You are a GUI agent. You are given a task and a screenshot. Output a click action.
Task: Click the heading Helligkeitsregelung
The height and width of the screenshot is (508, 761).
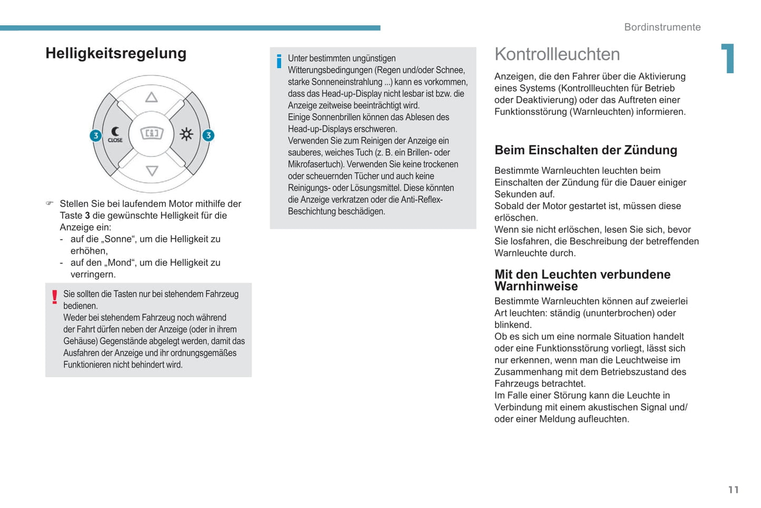click(116, 53)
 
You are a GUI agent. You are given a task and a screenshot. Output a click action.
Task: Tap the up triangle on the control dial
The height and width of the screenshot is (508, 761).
click(152, 97)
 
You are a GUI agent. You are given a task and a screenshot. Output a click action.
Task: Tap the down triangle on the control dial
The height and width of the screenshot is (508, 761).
click(152, 171)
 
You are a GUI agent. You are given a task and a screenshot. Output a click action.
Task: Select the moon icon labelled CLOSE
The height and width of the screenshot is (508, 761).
click(115, 134)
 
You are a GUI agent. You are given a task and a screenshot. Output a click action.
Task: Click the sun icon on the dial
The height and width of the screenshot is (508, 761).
click(186, 134)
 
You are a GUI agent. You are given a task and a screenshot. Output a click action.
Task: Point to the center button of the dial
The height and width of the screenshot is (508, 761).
click(152, 133)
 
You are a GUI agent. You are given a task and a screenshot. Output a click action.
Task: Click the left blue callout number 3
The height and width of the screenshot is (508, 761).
click(95, 135)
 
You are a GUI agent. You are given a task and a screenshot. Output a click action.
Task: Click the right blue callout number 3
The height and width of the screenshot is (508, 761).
click(209, 135)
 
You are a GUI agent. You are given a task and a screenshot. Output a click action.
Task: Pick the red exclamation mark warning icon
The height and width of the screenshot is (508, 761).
click(54, 297)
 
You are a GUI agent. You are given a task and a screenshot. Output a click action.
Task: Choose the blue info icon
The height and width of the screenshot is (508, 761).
click(279, 62)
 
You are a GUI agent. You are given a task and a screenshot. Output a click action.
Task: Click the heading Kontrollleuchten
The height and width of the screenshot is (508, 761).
click(557, 54)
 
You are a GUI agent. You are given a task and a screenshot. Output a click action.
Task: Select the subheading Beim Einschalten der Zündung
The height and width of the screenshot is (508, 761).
click(586, 150)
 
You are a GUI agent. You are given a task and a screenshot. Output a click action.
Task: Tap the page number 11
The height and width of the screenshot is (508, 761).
click(733, 490)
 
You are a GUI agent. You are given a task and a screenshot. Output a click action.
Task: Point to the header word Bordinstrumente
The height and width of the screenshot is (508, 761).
click(662, 27)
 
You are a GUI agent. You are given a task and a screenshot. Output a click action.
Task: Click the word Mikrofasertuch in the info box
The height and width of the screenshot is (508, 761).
click(314, 164)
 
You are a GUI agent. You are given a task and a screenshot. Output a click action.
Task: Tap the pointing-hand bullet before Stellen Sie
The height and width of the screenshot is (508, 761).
click(50, 203)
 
